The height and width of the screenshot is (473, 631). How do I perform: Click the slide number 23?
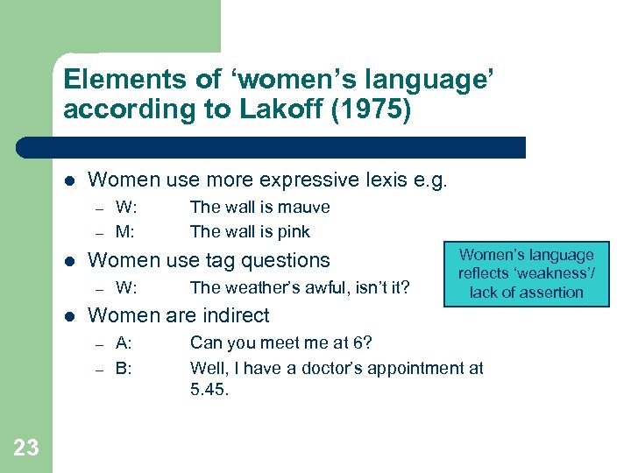click(x=26, y=448)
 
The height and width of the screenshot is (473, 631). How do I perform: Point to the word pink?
click(x=293, y=232)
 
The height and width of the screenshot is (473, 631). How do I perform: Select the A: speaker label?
click(x=124, y=342)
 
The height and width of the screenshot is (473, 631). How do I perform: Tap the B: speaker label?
click(x=124, y=367)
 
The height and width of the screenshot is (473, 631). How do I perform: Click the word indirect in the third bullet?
click(x=232, y=314)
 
